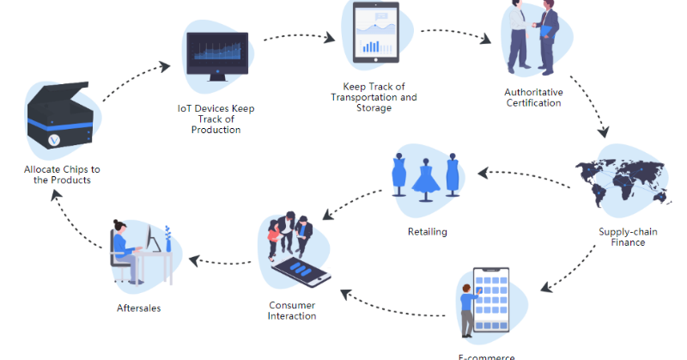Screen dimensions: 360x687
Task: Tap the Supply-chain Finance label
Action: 622,237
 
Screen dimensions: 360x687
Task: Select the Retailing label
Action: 427,231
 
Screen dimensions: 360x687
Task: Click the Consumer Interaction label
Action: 292,310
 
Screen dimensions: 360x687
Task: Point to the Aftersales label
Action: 138,308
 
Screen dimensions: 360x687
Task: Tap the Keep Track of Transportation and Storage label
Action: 374,97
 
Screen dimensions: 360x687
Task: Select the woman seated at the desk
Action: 127,249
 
